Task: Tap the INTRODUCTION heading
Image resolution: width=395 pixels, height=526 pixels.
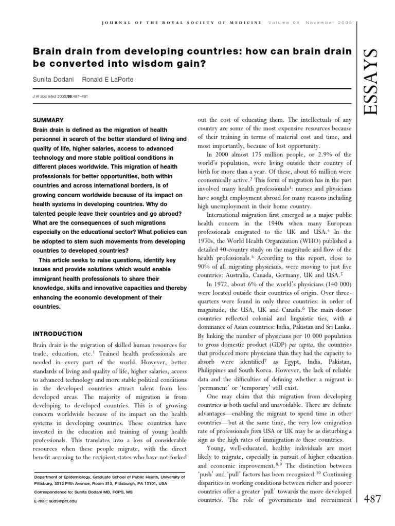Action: point(57,333)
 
